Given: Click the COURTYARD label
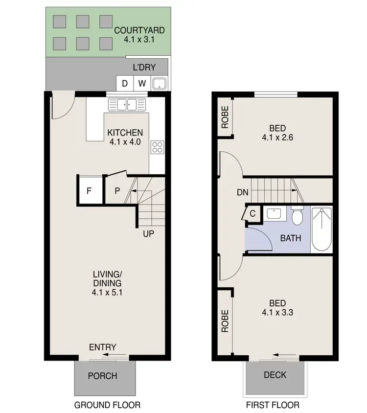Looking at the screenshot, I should click(x=139, y=30).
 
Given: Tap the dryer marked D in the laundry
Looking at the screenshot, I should click(x=125, y=83).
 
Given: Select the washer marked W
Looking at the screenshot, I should click(x=141, y=83).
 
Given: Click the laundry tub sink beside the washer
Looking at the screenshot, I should click(x=160, y=84).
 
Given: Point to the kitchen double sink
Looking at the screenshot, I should click(x=127, y=104).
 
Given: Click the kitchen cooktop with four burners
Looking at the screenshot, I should click(x=157, y=147).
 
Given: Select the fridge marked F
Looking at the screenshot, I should click(x=89, y=190).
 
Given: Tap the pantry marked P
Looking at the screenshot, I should click(x=117, y=190).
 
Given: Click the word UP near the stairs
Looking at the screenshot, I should click(x=149, y=233).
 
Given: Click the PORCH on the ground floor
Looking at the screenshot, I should click(x=103, y=376).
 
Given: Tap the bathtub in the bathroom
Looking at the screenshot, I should click(x=321, y=229).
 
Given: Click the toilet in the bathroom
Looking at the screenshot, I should click(x=297, y=216).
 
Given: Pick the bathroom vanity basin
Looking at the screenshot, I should click(x=274, y=213).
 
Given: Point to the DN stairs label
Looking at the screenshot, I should click(x=243, y=193).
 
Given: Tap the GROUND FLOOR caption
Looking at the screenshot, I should click(x=107, y=405).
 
